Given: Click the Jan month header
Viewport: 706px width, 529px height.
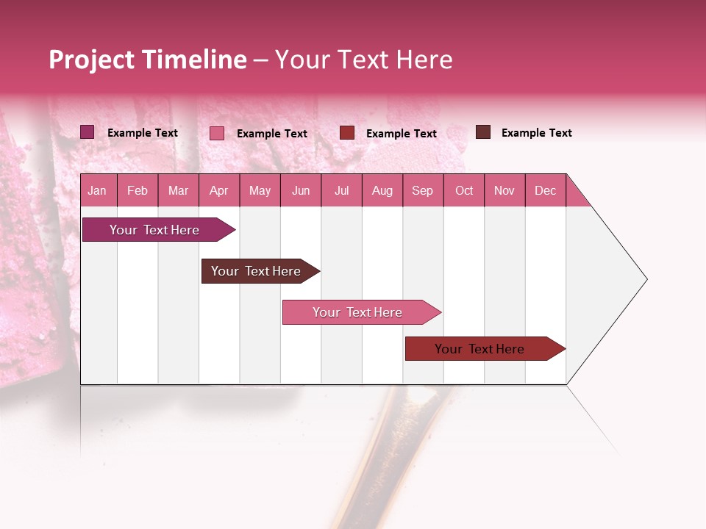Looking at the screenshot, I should (x=97, y=191).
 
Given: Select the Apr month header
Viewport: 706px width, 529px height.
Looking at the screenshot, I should (x=218, y=191).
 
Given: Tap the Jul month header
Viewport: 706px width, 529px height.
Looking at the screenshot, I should (x=341, y=191).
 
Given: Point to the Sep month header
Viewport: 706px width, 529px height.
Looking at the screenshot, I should (x=422, y=191).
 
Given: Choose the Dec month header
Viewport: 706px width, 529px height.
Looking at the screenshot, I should (x=545, y=191).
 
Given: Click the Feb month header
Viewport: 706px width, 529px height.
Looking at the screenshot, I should (x=138, y=191).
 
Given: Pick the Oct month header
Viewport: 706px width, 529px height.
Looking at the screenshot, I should (x=464, y=191).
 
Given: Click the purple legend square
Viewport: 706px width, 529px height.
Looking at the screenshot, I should (x=87, y=132).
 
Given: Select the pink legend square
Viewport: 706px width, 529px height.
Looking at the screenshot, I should (x=216, y=133).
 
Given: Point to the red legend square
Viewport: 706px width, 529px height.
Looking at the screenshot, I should (x=347, y=132).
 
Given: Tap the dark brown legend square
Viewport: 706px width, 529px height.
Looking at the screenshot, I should (x=482, y=132).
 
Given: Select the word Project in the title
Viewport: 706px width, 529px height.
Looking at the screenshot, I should (x=92, y=60).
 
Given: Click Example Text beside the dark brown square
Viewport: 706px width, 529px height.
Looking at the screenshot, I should (x=536, y=133).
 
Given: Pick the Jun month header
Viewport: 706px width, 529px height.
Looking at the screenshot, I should (x=301, y=191).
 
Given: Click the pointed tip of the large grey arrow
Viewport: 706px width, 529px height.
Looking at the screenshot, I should (x=645, y=279).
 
